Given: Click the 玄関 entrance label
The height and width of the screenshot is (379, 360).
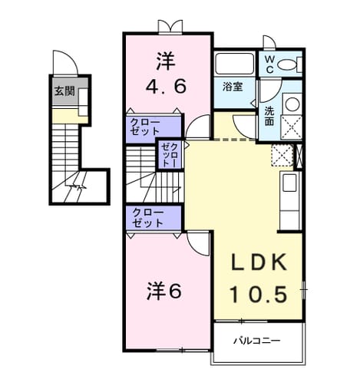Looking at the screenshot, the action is pyautogui.click(x=65, y=91).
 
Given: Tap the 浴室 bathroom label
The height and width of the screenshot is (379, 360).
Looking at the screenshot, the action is pyautogui.click(x=233, y=87).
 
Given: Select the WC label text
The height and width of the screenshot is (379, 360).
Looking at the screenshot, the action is pyautogui.click(x=269, y=64).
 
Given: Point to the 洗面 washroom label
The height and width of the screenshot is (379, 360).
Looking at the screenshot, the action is pyautogui.click(x=269, y=116).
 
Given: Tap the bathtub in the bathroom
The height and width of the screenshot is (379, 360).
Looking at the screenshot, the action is pyautogui.click(x=234, y=64).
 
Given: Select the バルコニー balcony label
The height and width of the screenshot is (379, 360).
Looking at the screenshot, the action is pyautogui.click(x=256, y=341).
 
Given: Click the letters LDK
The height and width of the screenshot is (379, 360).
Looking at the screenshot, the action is pyautogui.click(x=259, y=262).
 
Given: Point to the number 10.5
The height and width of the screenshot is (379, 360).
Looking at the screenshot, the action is pyautogui.click(x=258, y=294).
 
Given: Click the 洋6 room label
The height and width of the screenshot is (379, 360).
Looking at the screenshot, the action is pyautogui.click(x=164, y=292).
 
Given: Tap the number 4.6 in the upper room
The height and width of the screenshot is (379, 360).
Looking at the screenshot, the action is pyautogui.click(x=166, y=86).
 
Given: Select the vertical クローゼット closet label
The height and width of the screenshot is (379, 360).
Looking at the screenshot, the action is pyautogui.click(x=170, y=155).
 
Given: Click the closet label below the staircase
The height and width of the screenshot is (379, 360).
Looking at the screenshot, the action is pyautogui.click(x=147, y=218).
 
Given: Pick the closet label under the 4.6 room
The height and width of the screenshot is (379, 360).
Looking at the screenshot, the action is pyautogui.click(x=145, y=127).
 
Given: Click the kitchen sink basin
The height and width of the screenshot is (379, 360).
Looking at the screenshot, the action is pyautogui.click(x=289, y=183).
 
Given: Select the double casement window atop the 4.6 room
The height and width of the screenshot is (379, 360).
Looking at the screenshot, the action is pyautogui.click(x=170, y=27).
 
